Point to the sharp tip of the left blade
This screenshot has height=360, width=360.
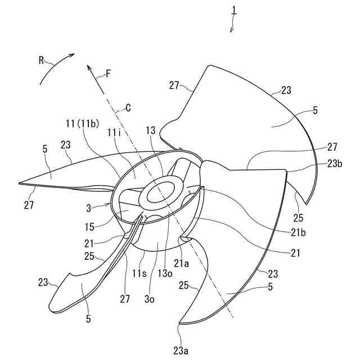pyautogui.click(x=19, y=183)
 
